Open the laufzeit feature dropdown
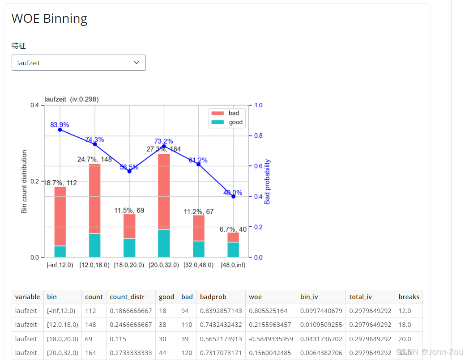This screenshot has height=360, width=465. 78,63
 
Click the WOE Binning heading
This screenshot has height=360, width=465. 49,19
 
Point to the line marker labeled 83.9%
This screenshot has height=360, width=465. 60,130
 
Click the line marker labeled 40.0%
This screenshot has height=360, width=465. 233,196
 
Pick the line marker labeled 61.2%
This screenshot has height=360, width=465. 198,164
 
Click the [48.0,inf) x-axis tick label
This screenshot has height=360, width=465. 233,265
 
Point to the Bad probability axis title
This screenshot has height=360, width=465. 268,182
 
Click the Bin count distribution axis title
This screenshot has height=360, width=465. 24,182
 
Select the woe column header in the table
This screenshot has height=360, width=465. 256,297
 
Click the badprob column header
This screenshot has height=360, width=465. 213,297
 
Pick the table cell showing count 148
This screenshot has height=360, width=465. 90,325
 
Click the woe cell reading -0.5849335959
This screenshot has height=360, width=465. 271,339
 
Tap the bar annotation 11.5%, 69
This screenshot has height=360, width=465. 129,210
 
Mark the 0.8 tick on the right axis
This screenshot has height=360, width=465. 258,136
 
